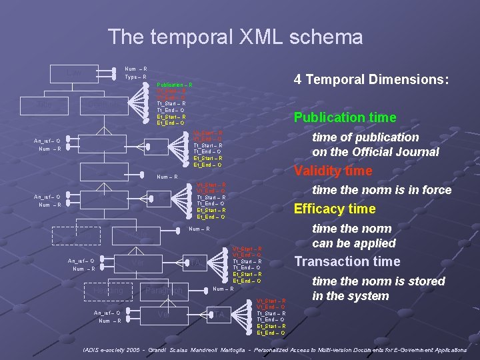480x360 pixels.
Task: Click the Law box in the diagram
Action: [x=74, y=72]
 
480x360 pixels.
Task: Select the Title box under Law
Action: [x=45, y=105]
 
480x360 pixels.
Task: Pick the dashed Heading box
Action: [x=107, y=291]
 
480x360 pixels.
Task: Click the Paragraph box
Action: [x=163, y=291]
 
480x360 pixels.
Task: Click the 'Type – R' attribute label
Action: [x=136, y=77]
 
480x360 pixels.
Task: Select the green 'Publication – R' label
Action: [x=174, y=85]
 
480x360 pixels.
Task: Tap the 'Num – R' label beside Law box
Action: [x=136, y=69]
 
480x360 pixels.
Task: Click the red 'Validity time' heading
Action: [x=333, y=171]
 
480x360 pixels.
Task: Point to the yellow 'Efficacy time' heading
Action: [x=335, y=209]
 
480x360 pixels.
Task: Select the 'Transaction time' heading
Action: [x=347, y=261]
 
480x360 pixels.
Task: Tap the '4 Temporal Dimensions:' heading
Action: [x=371, y=79]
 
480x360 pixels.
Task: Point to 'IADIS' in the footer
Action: [x=92, y=350]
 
